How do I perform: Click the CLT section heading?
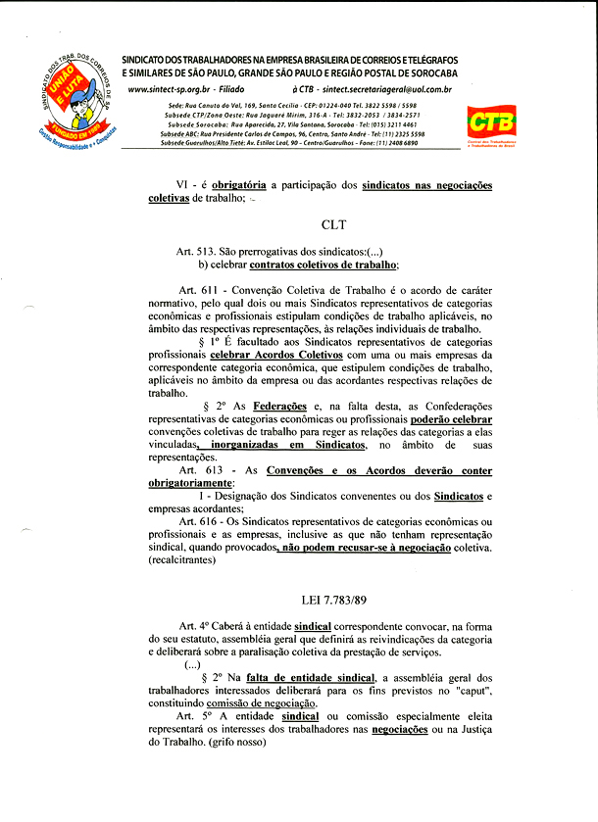pyautogui.click(x=333, y=224)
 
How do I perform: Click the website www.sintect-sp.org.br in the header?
pyautogui.click(x=159, y=89)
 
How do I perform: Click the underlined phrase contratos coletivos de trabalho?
pyautogui.click(x=324, y=265)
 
